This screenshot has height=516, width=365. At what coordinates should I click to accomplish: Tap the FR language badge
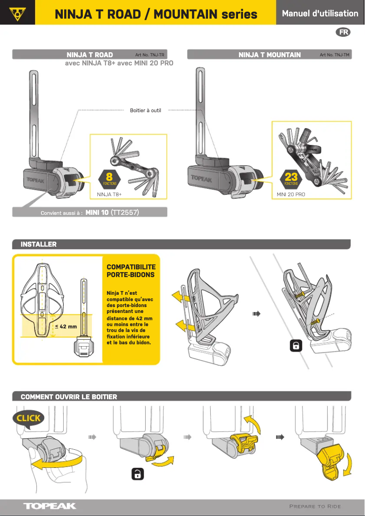coord(344,32)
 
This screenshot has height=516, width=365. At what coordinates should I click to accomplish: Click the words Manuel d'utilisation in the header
coord(320,13)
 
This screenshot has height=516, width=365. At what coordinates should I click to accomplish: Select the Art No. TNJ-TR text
coord(150,55)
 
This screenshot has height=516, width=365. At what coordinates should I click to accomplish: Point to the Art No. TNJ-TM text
coord(335,55)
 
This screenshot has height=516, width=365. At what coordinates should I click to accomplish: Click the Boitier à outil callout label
coord(146,110)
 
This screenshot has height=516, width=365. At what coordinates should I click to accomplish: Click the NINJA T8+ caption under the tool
coord(109,194)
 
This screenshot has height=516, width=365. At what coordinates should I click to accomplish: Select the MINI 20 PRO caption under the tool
coord(291,194)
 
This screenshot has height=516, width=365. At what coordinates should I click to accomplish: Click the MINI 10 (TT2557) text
coord(112,213)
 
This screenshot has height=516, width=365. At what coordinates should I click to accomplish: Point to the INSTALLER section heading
coord(39,244)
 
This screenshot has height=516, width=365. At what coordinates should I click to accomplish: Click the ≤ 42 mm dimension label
coord(66,326)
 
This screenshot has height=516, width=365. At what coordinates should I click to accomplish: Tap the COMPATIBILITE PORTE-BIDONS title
coord(131,271)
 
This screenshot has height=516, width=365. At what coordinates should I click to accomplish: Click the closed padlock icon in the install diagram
coord(296,346)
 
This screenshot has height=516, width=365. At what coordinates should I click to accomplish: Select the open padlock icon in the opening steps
coord(137,474)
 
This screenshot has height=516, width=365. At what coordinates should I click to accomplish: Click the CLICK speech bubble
coord(29,418)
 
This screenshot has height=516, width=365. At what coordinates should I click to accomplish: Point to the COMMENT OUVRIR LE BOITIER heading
coord(69,397)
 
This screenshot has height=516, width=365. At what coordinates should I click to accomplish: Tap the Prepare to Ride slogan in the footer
coord(315,506)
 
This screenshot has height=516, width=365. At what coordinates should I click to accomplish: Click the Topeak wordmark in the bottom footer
coord(50,506)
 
